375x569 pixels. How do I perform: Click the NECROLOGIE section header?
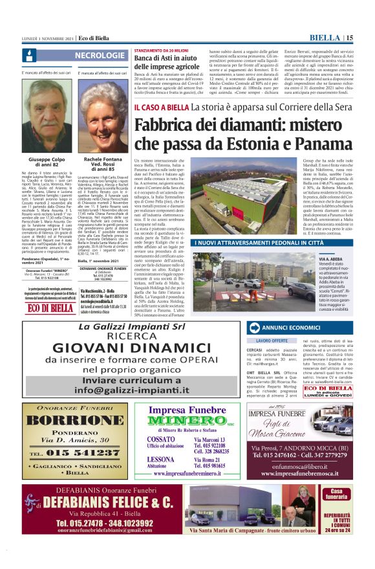98,56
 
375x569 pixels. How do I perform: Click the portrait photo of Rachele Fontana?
102,120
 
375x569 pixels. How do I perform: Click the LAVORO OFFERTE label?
272,340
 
